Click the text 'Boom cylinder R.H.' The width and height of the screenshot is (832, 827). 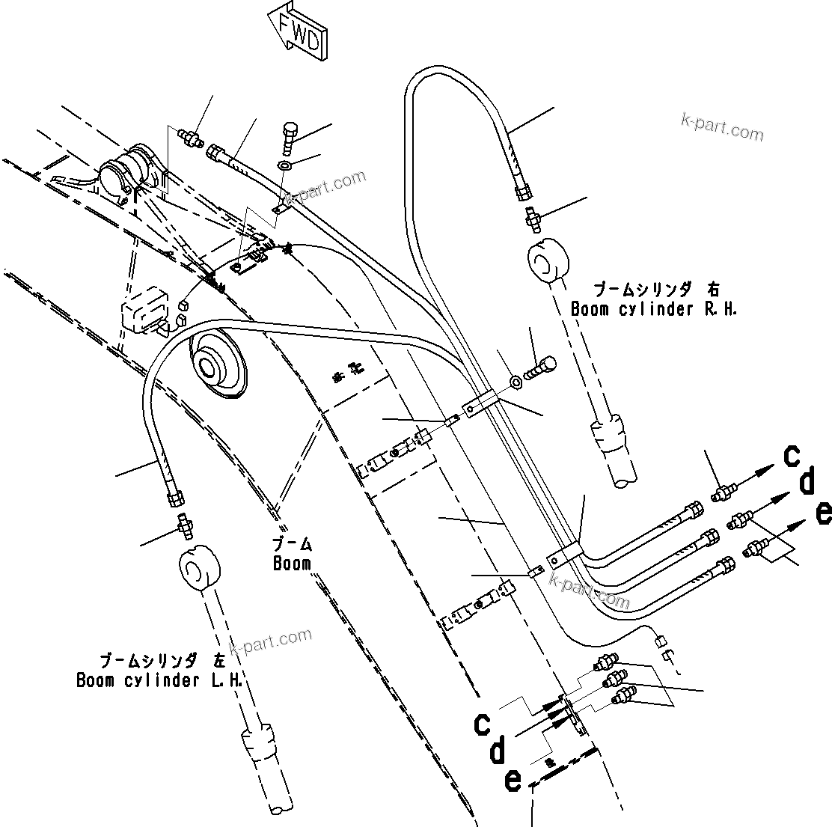654,309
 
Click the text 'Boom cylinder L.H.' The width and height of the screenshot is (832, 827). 162,680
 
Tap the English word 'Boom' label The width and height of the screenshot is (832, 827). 292,564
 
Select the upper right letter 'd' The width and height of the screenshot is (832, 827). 807,483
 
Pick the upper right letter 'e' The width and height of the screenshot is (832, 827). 823,513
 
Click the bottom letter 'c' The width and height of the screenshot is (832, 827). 483,724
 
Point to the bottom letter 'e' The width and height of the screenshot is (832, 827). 513,780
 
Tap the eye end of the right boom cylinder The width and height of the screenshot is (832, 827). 550,263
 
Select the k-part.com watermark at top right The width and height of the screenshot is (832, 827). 722,129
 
